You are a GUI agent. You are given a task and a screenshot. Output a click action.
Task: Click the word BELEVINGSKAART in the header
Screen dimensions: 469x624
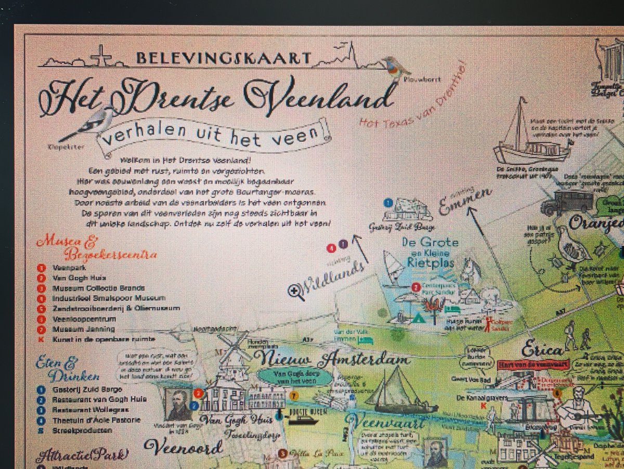coord(224,58)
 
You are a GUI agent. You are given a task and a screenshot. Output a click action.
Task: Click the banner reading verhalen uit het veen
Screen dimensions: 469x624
coord(213,135)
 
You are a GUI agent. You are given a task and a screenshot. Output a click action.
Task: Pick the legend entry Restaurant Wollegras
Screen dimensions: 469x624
coord(89,410)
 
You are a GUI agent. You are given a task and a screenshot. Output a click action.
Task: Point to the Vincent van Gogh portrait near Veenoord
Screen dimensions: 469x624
coord(178,405)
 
